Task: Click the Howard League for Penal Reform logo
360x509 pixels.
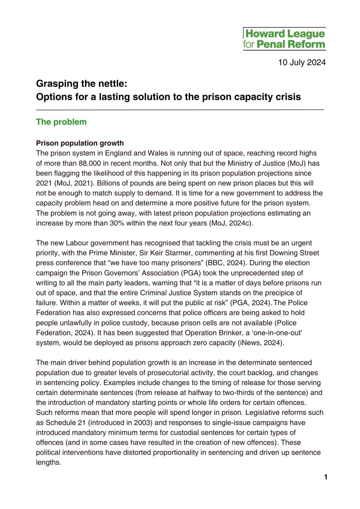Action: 284,39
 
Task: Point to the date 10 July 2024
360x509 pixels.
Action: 302,62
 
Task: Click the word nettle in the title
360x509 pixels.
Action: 110,84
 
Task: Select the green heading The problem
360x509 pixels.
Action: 61,122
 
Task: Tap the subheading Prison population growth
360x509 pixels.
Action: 80,143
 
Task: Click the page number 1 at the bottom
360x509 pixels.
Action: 326,477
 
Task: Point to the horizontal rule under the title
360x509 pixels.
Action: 180,109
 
